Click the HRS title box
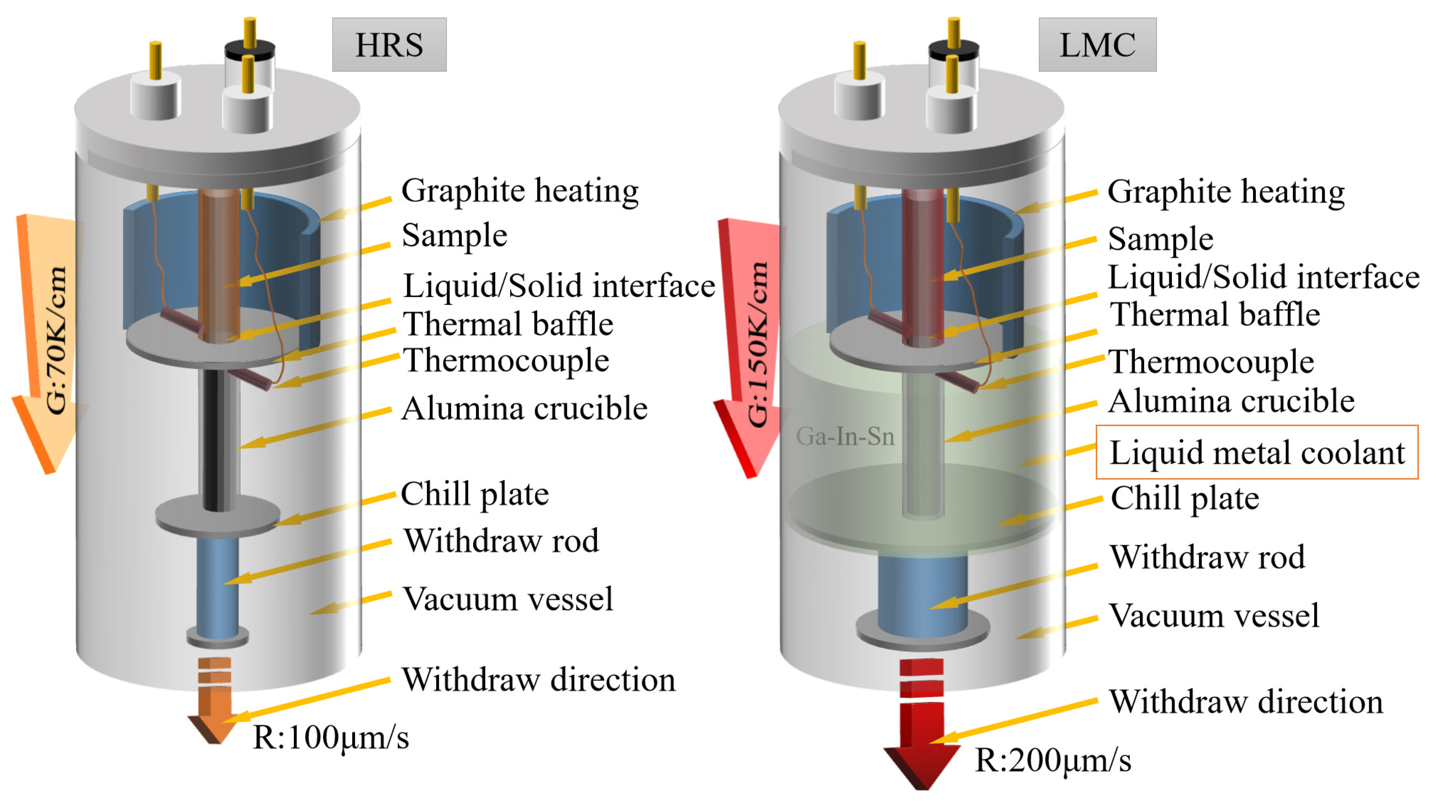pyautogui.click(x=389, y=45)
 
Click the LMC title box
pyautogui.click(x=1097, y=45)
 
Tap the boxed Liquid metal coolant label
pyautogui.click(x=1256, y=452)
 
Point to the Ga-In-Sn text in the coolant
pyautogui.click(x=845, y=436)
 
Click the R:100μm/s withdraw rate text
pyautogui.click(x=331, y=737)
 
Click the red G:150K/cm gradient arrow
pyautogui.click(x=749, y=345)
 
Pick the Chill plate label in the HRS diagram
pyautogui.click(x=475, y=493)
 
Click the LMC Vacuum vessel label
pyautogui.click(x=1214, y=615)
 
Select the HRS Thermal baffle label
pyautogui.click(x=508, y=323)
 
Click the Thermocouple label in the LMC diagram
pyautogui.click(x=1211, y=362)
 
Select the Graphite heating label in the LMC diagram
pyautogui.click(x=1226, y=192)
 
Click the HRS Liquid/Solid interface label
pyautogui.click(x=558, y=286)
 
